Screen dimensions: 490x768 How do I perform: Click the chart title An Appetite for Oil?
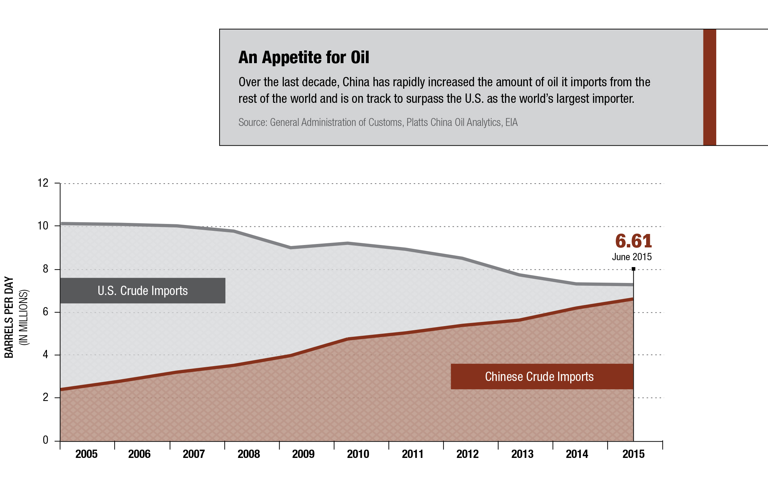tap(303, 57)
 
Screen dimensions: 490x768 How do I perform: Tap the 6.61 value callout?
tap(633, 241)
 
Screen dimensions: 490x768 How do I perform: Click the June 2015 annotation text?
tap(632, 257)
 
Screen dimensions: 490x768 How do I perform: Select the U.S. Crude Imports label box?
tap(143, 291)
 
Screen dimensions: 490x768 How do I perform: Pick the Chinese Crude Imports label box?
tap(542, 376)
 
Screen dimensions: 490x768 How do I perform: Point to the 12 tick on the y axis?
tap(43, 183)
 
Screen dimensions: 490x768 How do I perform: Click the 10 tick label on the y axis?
tap(43, 226)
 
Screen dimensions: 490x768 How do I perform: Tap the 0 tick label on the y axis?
tap(46, 440)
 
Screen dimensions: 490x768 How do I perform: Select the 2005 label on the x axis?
tap(86, 454)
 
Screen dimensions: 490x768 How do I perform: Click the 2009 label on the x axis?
tap(303, 454)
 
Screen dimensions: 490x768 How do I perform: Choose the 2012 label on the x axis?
tap(467, 454)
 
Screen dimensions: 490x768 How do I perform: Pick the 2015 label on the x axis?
tap(633, 454)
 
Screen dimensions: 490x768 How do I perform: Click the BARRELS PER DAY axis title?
tap(9, 317)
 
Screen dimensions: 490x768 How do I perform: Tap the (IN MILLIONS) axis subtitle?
tap(24, 317)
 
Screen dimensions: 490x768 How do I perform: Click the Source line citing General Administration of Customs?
tap(378, 122)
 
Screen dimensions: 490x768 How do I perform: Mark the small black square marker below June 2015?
tap(633, 269)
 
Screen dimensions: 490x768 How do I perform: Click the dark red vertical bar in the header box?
tap(709, 87)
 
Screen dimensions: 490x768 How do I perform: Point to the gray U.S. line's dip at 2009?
tap(291, 247)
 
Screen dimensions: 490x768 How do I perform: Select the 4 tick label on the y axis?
tap(46, 355)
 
